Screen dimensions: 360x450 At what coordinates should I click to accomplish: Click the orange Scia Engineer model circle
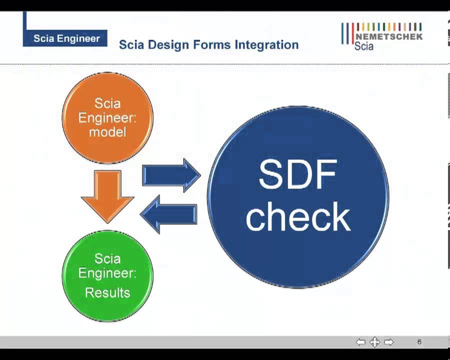click(x=107, y=118)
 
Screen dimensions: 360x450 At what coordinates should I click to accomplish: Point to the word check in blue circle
click(x=298, y=216)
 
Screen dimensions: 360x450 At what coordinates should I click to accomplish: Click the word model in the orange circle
click(x=107, y=132)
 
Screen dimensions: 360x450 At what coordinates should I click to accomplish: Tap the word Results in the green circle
click(x=107, y=292)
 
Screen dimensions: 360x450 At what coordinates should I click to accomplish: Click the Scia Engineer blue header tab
click(x=66, y=38)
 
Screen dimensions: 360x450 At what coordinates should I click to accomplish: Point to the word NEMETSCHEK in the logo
click(x=388, y=36)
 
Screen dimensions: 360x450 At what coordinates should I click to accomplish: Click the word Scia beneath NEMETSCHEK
click(x=364, y=46)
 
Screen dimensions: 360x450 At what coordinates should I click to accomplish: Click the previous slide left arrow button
click(x=360, y=342)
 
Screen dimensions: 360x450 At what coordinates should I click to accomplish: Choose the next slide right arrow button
click(x=388, y=342)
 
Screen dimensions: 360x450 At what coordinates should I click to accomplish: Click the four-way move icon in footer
click(x=374, y=342)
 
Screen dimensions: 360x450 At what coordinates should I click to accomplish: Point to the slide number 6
click(x=419, y=342)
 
